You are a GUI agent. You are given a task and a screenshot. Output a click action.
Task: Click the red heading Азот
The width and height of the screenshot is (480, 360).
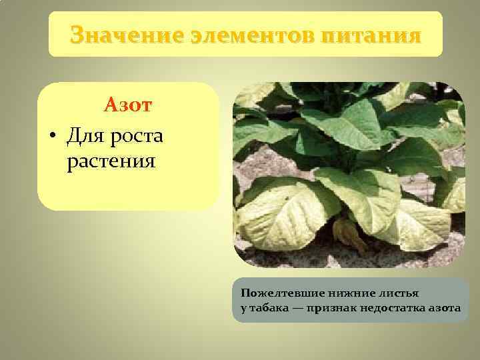coord(128,105)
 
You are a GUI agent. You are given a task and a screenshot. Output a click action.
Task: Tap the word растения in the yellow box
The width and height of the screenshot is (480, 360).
coord(111,161)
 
